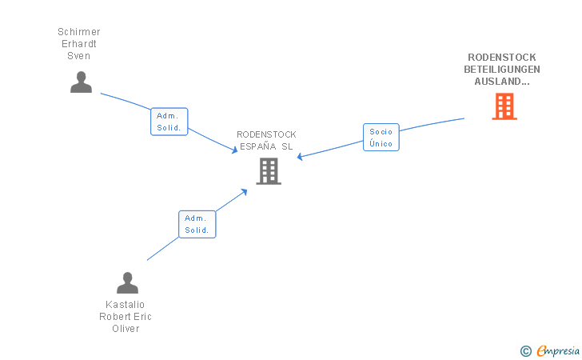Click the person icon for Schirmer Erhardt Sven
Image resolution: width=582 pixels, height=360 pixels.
[81, 82]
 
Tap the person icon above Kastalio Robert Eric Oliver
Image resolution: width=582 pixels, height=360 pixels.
[127, 282]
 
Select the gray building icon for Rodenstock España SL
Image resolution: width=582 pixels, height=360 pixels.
[269, 171]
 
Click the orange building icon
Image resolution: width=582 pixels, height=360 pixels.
[504, 106]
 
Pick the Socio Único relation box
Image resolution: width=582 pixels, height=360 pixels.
[381, 138]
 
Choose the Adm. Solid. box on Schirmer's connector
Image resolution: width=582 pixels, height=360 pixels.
[169, 122]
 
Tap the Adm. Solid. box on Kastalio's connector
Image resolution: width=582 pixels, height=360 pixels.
[197, 224]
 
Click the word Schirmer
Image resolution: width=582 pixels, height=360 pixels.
[79, 32]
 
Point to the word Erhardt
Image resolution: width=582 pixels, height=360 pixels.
[79, 44]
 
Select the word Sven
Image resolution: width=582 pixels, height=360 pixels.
[78, 56]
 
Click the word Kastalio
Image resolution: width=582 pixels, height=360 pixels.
[125, 305]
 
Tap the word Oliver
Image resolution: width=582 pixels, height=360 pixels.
[126, 329]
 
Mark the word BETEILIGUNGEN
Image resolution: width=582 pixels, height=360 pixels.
[502, 70]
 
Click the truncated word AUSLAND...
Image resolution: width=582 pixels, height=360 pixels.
[502, 82]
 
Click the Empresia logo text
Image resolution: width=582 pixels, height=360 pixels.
[558, 350]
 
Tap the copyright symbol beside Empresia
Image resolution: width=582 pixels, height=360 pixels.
[526, 351]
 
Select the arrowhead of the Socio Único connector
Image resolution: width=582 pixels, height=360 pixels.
[300, 157]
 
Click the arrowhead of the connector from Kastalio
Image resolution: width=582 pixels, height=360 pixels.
[244, 192]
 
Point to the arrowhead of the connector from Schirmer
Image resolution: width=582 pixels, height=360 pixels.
[234, 150]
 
